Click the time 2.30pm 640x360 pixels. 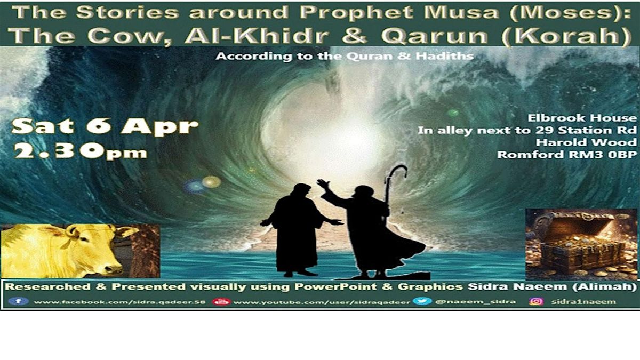(x=80, y=151)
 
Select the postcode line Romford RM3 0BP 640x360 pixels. (x=567, y=155)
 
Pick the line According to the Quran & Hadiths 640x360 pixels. (x=345, y=55)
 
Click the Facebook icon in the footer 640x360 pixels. (x=18, y=301)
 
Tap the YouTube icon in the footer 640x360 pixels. (x=220, y=302)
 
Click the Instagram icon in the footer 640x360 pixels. (x=536, y=301)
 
